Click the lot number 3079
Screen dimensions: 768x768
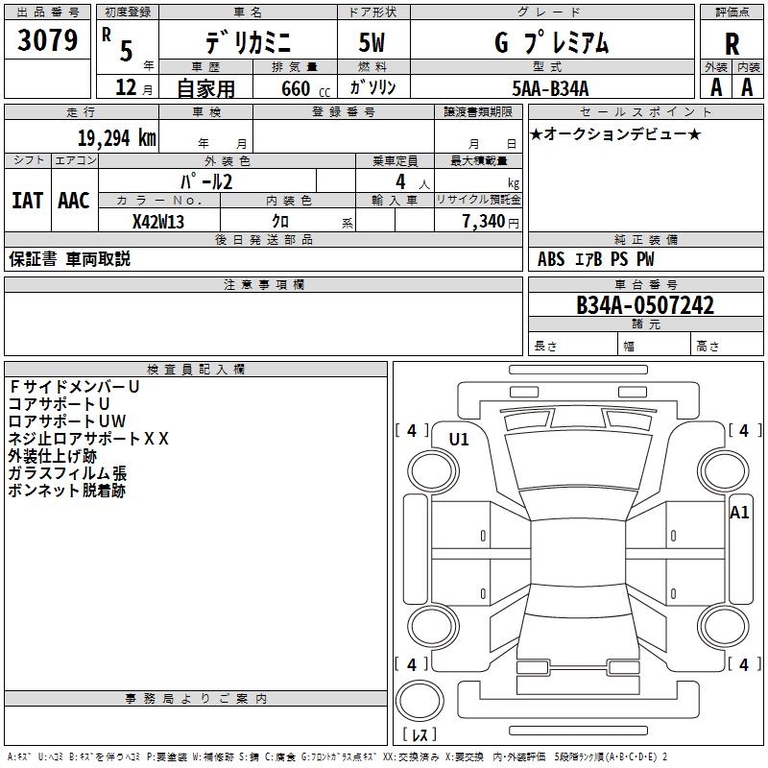pos(48,41)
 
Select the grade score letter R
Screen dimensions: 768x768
pos(732,42)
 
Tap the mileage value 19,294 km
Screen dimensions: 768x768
pos(117,137)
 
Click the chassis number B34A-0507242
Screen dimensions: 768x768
pos(645,305)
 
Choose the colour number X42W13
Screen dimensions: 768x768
pos(158,221)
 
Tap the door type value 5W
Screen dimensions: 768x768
pos(372,43)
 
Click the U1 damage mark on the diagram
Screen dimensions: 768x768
pos(459,440)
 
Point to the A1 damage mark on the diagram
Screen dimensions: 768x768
pos(739,512)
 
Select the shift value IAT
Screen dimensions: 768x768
pos(27,201)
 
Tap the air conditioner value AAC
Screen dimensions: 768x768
pos(73,201)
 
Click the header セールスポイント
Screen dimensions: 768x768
pos(622,112)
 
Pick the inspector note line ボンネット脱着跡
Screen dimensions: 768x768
pos(66,491)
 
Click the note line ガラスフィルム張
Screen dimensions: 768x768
pos(66,473)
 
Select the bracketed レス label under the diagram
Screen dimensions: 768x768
pos(420,735)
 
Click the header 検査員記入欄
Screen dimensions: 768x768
pos(196,370)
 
